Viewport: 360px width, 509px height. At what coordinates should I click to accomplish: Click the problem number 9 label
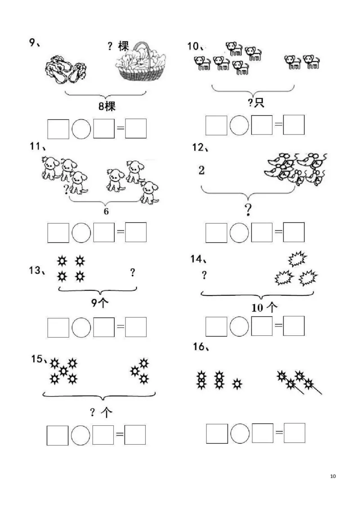coord(34,43)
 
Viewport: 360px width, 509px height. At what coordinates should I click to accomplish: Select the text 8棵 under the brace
coord(106,107)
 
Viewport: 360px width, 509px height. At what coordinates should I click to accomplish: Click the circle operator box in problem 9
coord(81,129)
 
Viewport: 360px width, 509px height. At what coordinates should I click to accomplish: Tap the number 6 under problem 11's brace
coord(106,212)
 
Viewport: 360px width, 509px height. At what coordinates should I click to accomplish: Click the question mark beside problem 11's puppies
coord(66,189)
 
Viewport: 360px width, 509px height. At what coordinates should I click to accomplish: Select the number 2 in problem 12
coord(201,170)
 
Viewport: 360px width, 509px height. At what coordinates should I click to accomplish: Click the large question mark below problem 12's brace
coord(247,209)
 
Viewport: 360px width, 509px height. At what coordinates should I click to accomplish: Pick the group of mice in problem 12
coord(295,168)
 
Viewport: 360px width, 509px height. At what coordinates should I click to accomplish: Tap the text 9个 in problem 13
coord(100,303)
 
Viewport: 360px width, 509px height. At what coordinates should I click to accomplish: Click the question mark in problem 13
coord(132,272)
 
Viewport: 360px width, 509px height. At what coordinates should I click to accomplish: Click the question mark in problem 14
coord(204,275)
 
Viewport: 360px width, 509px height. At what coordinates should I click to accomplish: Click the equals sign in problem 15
coord(120,435)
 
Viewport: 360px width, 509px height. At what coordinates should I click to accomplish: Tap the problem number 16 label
coord(200,347)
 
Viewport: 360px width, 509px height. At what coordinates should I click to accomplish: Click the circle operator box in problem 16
coord(240,433)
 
